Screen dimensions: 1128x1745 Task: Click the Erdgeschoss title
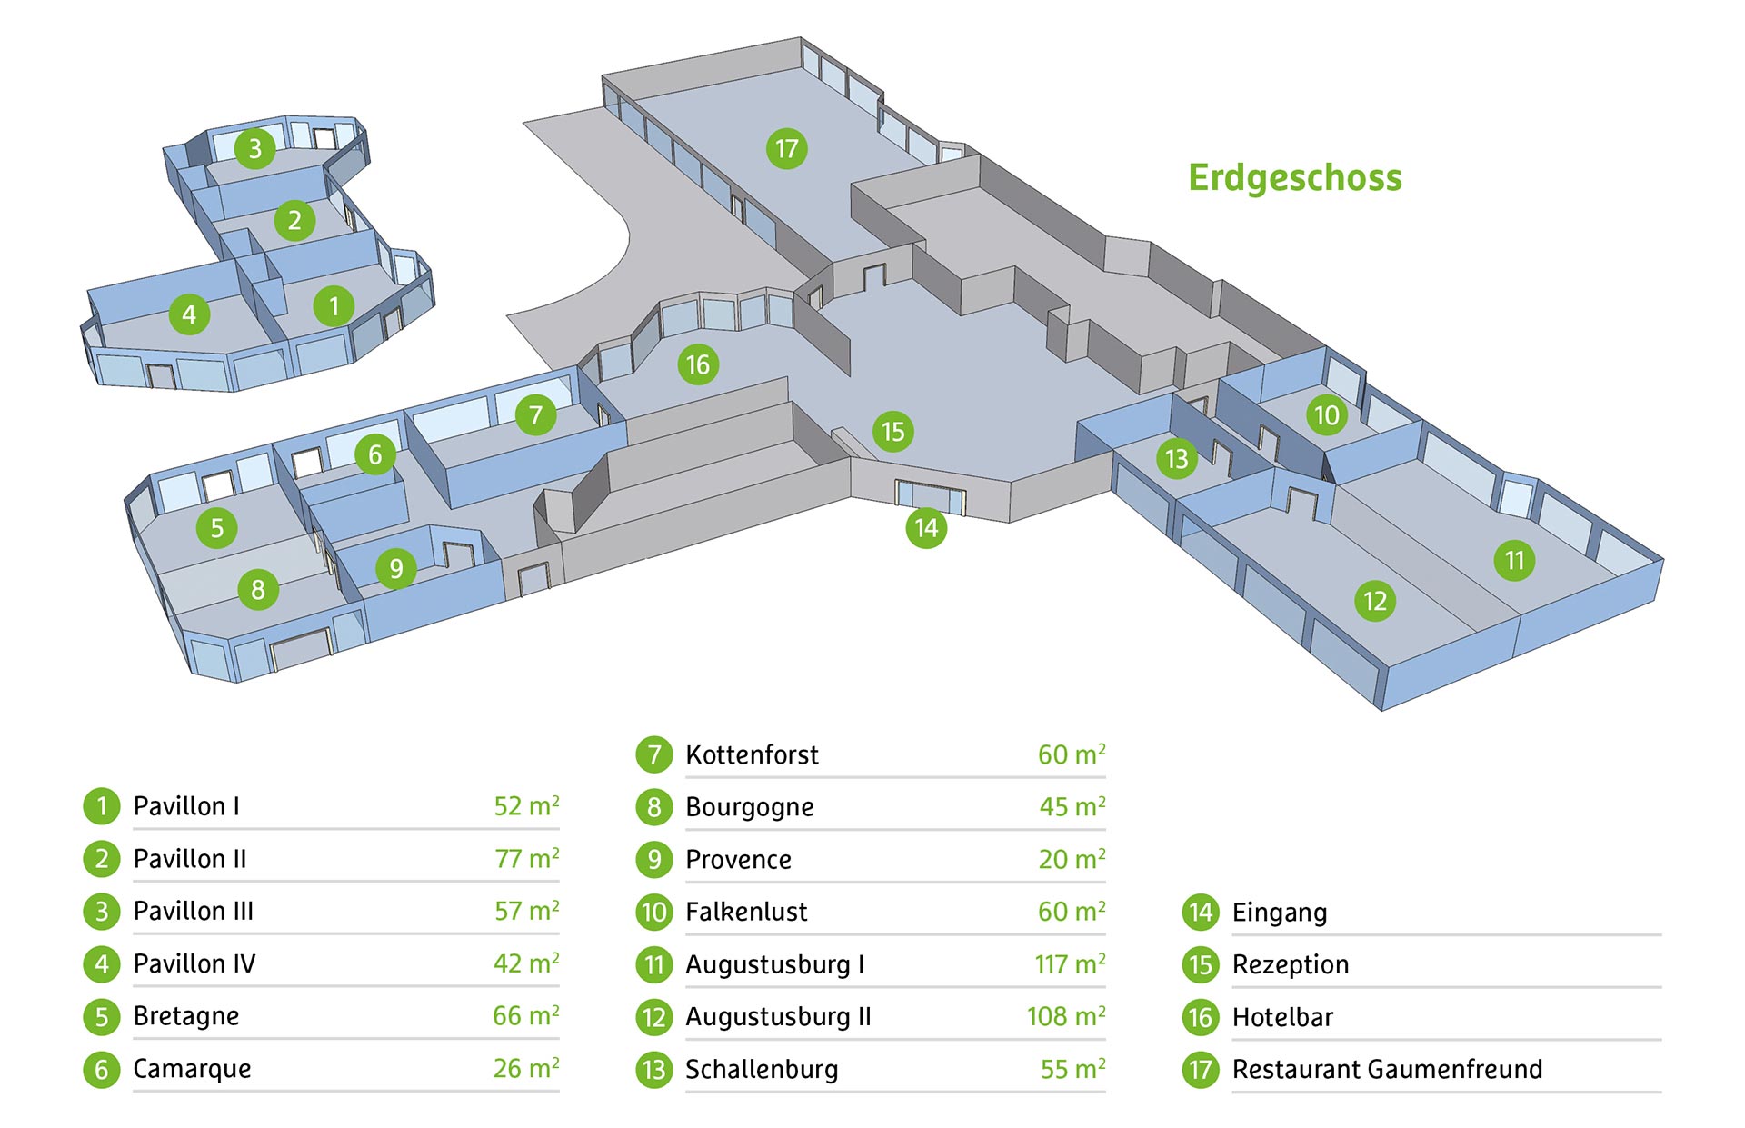click(x=1294, y=177)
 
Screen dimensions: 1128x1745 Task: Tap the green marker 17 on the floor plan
click(x=787, y=149)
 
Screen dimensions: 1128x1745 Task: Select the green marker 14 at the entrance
click(x=926, y=528)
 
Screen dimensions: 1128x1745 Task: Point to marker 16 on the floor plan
click(x=698, y=365)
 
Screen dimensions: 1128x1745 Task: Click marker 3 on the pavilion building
click(x=255, y=148)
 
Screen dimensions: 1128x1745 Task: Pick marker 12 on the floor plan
click(x=1375, y=601)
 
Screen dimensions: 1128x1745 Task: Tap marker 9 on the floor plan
click(x=396, y=569)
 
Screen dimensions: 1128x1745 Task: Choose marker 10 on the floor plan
click(x=1327, y=415)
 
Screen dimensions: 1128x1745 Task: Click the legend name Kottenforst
click(x=752, y=754)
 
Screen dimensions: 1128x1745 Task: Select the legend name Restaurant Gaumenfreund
click(x=1387, y=1069)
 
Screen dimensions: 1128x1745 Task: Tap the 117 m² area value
click(x=1070, y=964)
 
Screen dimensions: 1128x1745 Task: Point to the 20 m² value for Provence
click(x=1072, y=859)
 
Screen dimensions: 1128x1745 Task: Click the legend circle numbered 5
click(x=102, y=1017)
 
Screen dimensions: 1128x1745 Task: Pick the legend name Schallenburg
click(x=762, y=1070)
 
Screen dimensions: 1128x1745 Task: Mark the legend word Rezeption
click(x=1290, y=964)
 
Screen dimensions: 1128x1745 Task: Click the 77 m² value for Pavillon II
click(x=526, y=859)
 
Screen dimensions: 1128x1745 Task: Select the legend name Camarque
click(x=192, y=1069)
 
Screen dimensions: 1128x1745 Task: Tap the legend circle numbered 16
click(x=1201, y=1017)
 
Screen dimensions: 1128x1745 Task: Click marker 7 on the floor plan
click(x=536, y=416)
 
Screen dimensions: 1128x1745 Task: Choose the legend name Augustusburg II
click(x=778, y=1017)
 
